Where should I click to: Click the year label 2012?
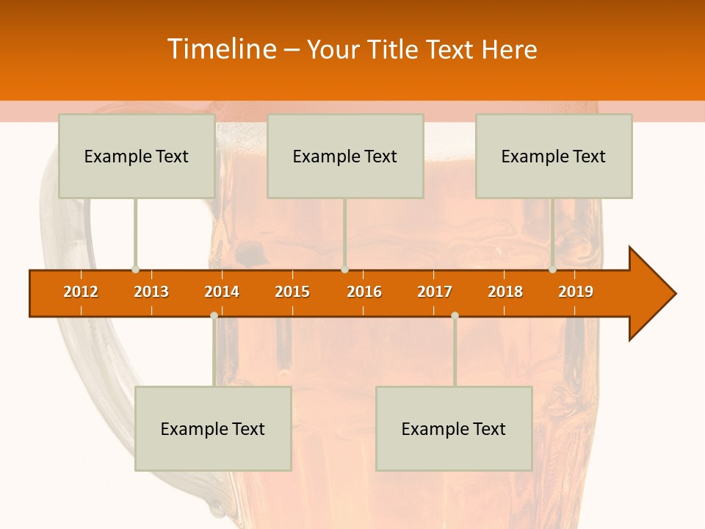tap(81, 292)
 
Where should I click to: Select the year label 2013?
tap(151, 292)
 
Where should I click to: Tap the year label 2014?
tap(222, 292)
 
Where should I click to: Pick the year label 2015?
tap(292, 292)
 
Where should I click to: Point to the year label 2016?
tap(364, 292)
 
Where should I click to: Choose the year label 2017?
tap(435, 292)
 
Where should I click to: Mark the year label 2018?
tap(505, 292)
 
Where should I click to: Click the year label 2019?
tap(576, 292)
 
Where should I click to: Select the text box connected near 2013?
tap(137, 156)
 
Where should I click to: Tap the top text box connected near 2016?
tap(345, 156)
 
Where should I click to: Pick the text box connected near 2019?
tap(554, 156)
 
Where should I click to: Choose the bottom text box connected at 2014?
tap(213, 428)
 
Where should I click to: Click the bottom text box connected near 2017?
tap(454, 428)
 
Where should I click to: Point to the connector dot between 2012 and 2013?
tap(135, 270)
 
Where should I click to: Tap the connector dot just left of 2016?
tap(344, 270)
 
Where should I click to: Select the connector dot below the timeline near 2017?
tap(455, 315)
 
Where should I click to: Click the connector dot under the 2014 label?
tap(214, 315)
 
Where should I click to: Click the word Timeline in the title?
tap(221, 49)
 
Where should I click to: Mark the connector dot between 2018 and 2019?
tap(552, 270)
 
